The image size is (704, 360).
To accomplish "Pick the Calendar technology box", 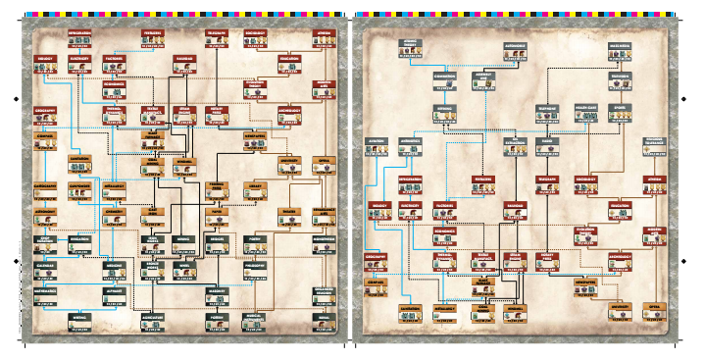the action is click(x=45, y=265).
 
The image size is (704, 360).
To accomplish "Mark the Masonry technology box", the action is click(x=218, y=293).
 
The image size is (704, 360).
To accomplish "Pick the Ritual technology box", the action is click(x=324, y=319).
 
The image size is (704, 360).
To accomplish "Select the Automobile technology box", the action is click(x=515, y=46).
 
